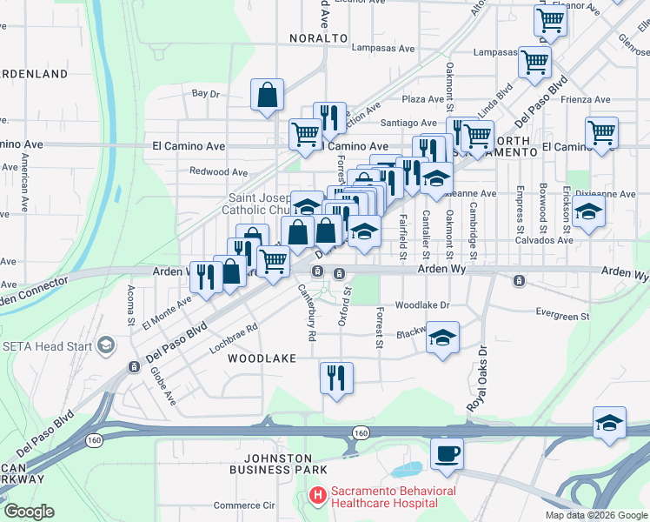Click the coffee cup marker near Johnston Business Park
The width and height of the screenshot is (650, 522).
point(447,453)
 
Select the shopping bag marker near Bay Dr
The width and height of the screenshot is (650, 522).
point(267,95)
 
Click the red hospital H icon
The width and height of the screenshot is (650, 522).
point(318,496)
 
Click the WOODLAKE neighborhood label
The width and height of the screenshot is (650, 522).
point(262,358)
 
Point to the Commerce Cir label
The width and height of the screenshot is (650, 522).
point(244,505)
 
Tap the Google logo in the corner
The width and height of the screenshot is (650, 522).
point(30,512)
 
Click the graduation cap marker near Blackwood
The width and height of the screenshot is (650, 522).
point(442,337)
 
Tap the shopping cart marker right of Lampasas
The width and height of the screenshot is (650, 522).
point(534,61)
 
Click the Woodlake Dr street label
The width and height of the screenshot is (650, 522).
point(421,305)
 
